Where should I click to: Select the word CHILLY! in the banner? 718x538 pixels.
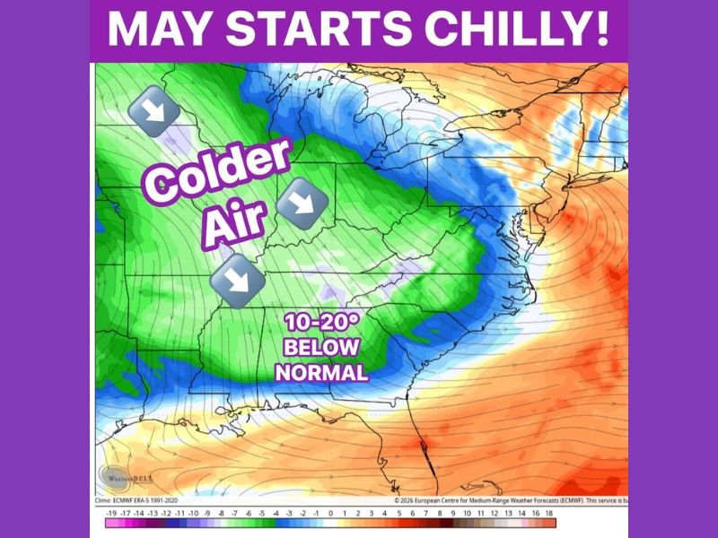click(503, 30)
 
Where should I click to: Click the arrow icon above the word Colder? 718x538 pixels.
click(150, 112)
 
